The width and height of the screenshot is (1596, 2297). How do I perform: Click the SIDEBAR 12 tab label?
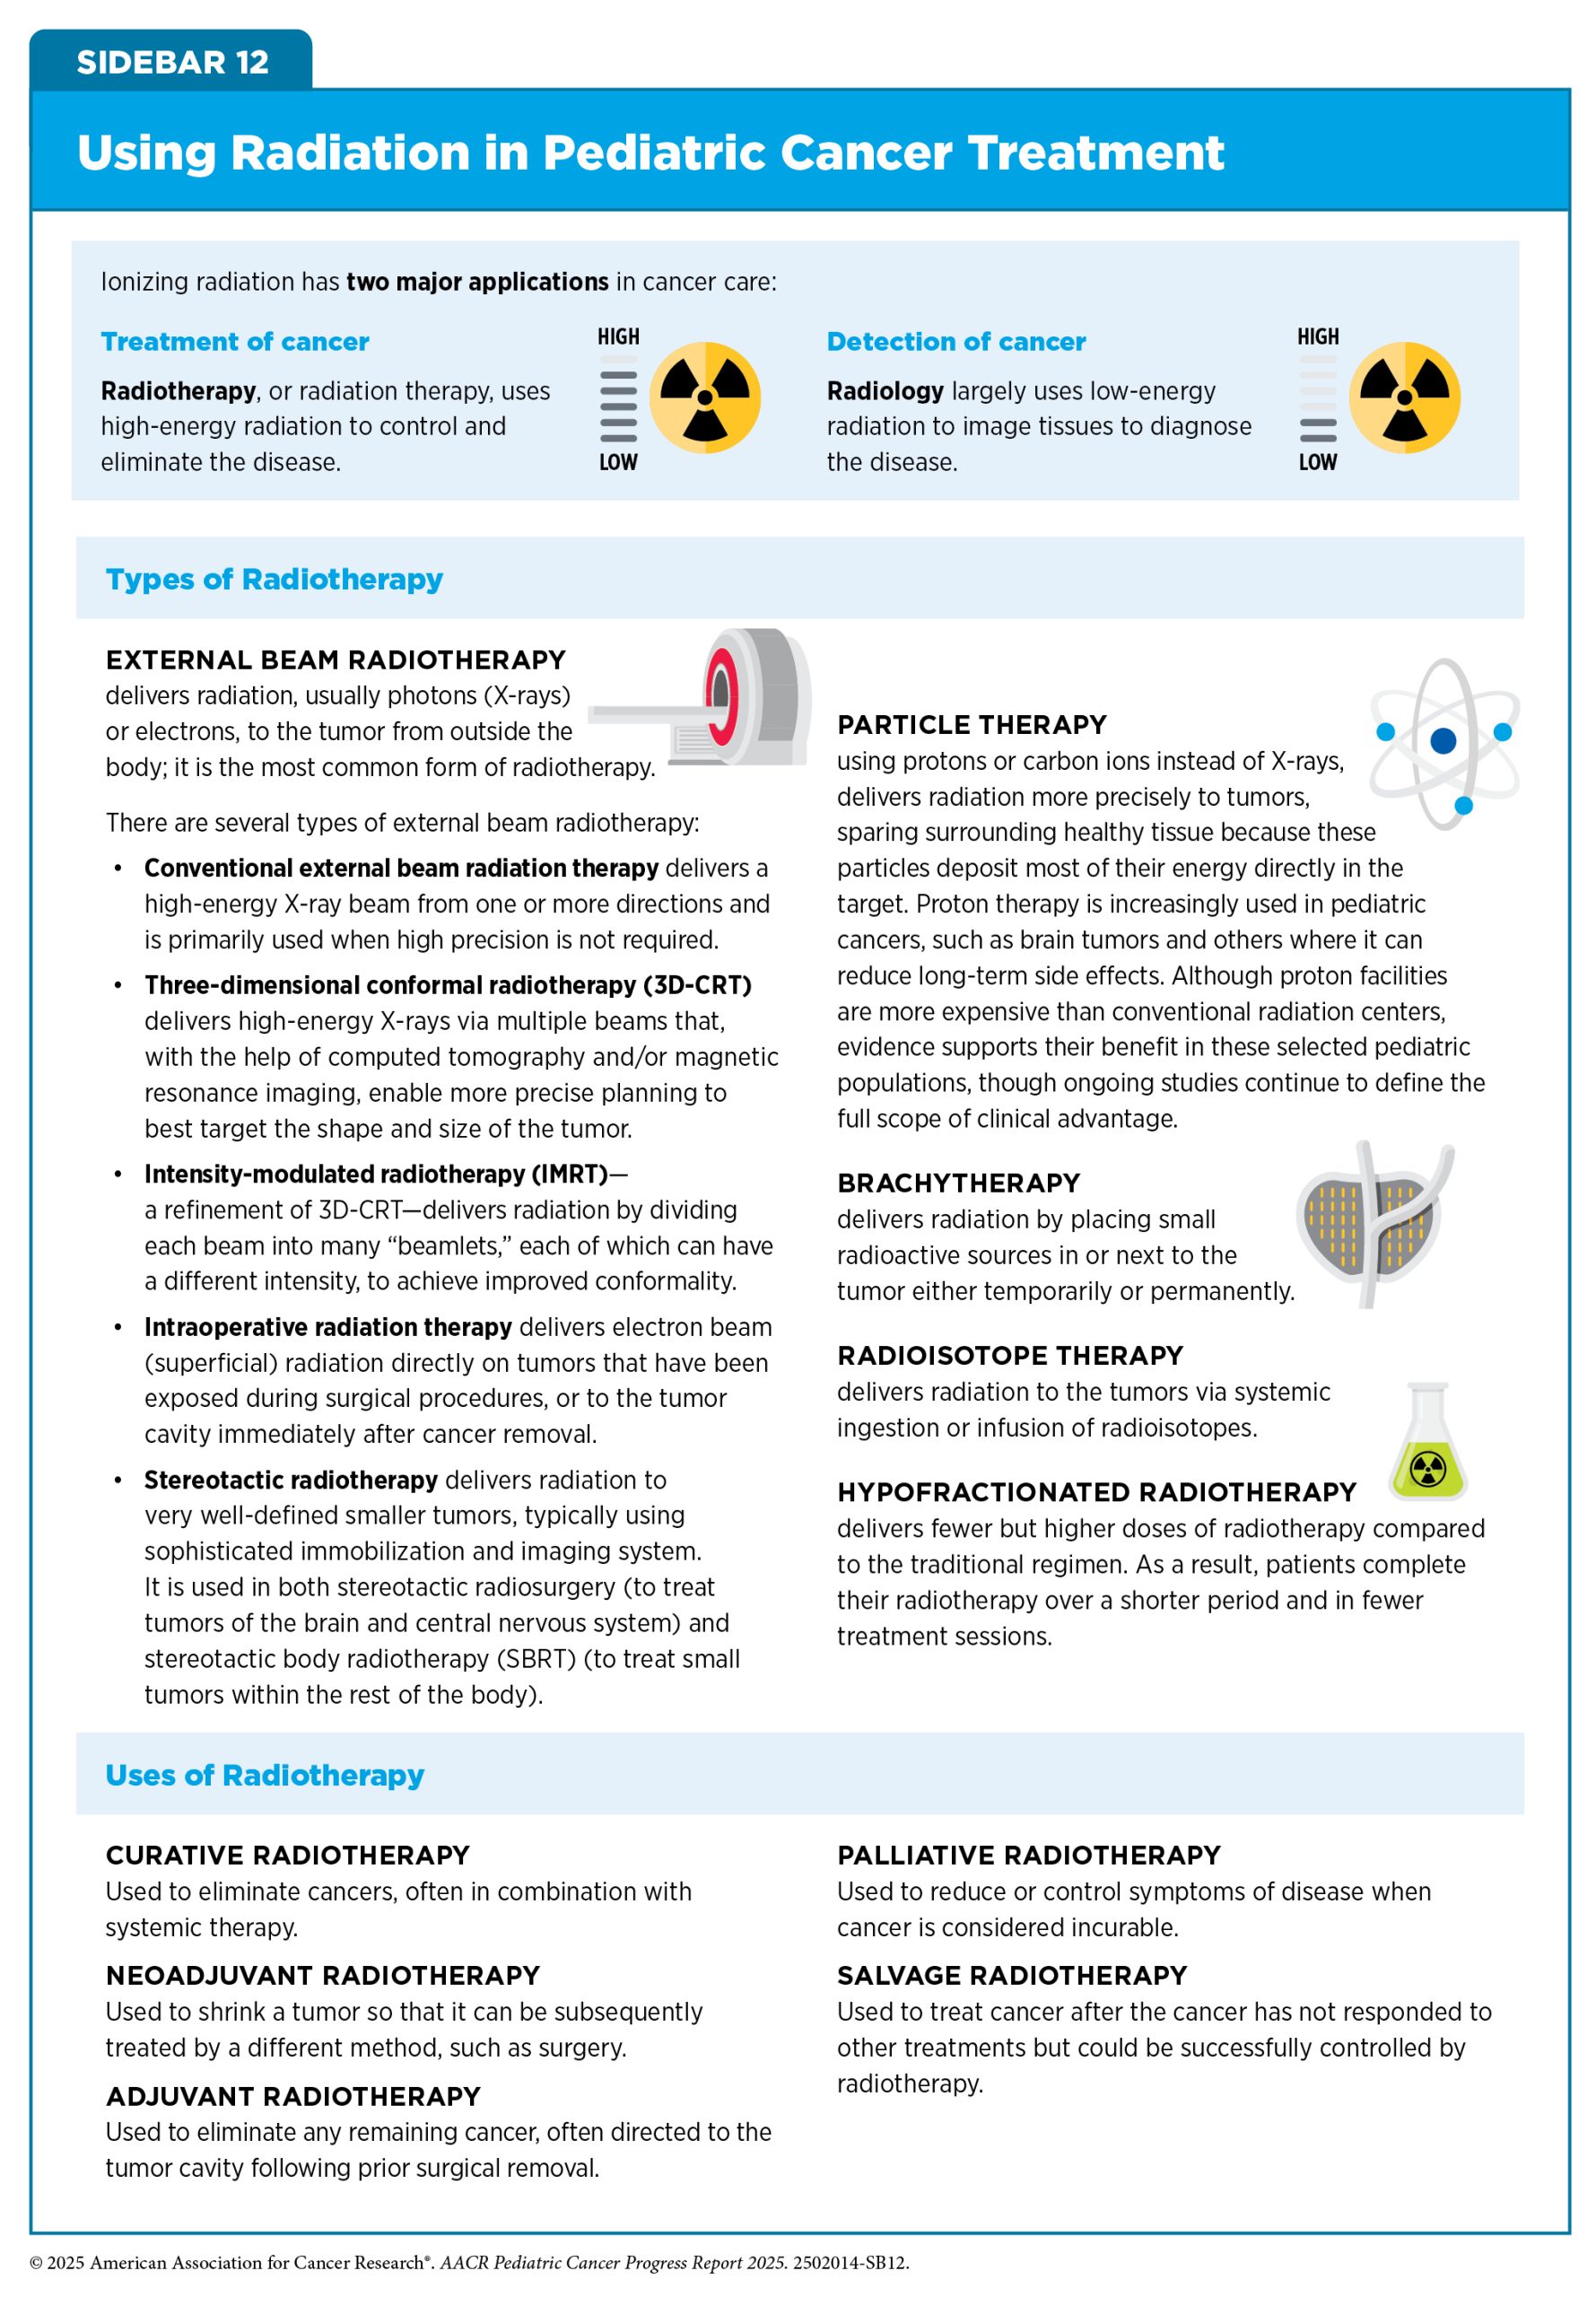click(172, 62)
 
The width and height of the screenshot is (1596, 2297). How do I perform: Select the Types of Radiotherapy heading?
click(274, 579)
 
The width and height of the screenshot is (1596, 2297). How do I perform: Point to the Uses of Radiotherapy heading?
click(265, 1775)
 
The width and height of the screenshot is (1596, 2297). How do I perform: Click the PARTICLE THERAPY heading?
click(972, 725)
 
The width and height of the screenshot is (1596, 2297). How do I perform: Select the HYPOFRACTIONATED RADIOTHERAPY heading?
click(1096, 1492)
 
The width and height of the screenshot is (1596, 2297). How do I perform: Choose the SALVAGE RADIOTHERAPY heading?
click(1012, 1976)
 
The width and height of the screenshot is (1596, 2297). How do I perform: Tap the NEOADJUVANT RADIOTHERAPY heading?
click(323, 1976)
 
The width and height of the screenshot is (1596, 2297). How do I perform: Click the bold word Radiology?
click(885, 391)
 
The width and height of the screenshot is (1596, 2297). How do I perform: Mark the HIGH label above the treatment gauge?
click(618, 337)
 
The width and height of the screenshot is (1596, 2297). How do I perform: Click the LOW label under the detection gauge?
click(1317, 462)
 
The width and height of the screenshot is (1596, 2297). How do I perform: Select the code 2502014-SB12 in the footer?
click(850, 2263)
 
